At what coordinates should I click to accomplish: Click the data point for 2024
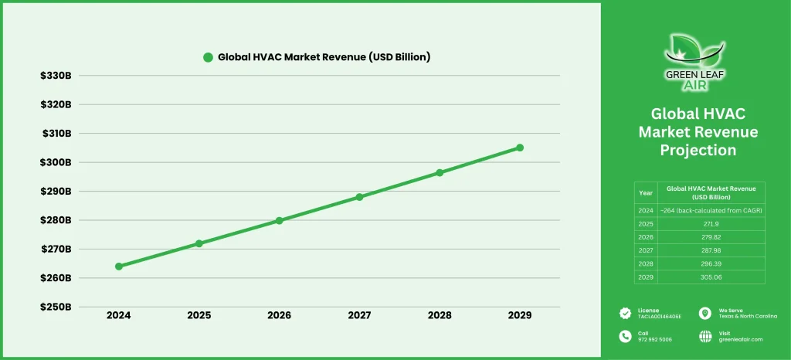tap(119, 267)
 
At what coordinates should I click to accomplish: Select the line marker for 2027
tap(359, 197)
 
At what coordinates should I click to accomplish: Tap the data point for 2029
tap(520, 148)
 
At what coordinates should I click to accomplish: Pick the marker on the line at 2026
tap(279, 220)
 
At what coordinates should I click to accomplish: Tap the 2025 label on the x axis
tap(199, 315)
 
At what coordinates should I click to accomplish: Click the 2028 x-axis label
tap(440, 315)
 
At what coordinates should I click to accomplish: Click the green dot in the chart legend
tap(207, 57)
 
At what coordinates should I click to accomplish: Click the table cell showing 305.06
tap(711, 277)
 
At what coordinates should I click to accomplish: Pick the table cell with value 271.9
tap(711, 223)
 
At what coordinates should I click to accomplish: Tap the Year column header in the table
tap(646, 192)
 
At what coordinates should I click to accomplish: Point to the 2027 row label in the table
tap(646, 250)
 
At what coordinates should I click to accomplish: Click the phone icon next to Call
tap(625, 336)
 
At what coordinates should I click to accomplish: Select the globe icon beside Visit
tap(704, 336)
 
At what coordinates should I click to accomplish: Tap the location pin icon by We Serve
tap(704, 313)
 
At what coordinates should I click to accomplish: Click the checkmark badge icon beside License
tap(625, 313)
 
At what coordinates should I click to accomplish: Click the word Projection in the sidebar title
tap(698, 150)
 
